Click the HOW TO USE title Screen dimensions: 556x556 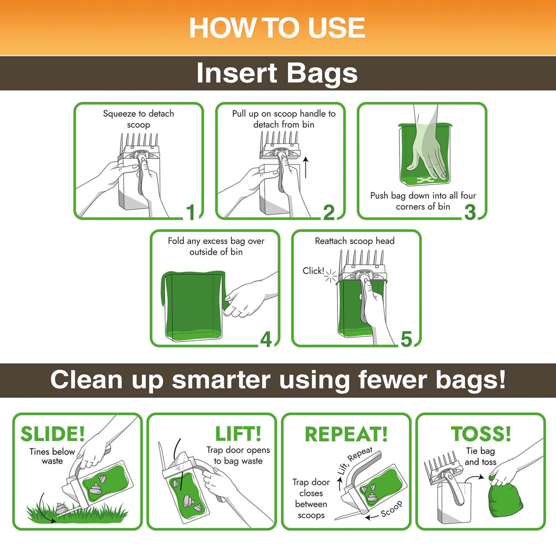[x=277, y=28]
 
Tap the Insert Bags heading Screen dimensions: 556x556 [x=277, y=73]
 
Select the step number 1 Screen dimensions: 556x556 [x=191, y=212]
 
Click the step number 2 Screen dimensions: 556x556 [x=329, y=212]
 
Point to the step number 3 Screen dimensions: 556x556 [x=470, y=212]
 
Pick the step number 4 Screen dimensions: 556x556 [x=266, y=339]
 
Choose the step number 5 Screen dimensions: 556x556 [x=406, y=339]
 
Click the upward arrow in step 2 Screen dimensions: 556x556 [x=306, y=167]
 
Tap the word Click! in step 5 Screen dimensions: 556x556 [x=313, y=271]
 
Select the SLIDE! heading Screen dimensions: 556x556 [x=53, y=434]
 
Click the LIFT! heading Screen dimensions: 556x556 [x=238, y=434]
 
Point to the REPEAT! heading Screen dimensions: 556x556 [x=346, y=434]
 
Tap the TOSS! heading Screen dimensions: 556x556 [x=481, y=434]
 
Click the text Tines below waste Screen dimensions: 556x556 [x=52, y=456]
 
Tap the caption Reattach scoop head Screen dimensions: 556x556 [x=354, y=241]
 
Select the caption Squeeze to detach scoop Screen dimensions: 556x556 [x=138, y=119]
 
